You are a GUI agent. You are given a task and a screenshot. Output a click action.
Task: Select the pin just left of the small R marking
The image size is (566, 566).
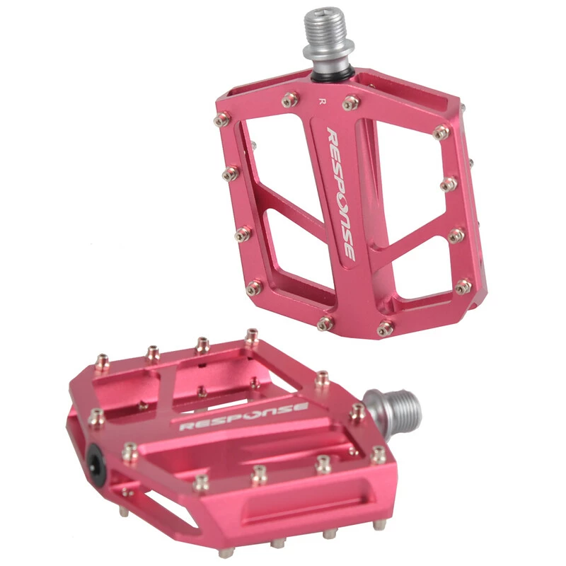(x=289, y=100)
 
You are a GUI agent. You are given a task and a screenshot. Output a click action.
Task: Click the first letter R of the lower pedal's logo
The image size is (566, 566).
(x=187, y=426)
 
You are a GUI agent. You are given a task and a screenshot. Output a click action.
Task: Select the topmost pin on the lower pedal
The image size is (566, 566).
(x=252, y=335)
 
